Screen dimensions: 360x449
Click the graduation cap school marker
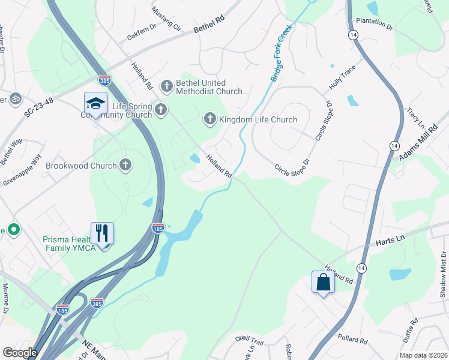tap(95, 104)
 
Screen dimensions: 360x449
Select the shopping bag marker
tap(323, 281)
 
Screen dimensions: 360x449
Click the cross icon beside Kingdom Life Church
tap(210, 119)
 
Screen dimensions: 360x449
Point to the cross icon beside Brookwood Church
tap(125, 165)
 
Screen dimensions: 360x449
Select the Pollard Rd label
tap(352, 340)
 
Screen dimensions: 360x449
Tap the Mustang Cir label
tap(166, 19)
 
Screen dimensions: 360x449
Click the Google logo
tap(20, 353)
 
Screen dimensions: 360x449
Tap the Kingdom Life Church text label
tap(258, 119)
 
